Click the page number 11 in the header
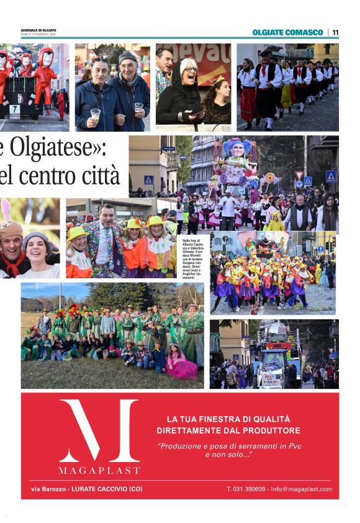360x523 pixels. (x=335, y=32)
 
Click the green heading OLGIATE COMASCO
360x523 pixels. (x=287, y=32)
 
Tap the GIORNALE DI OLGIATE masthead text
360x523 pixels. (x=38, y=30)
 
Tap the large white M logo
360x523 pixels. (x=99, y=430)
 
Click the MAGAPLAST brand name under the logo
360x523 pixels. (x=99, y=470)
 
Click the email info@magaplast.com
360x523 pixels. (x=305, y=489)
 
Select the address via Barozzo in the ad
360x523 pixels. (x=49, y=489)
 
